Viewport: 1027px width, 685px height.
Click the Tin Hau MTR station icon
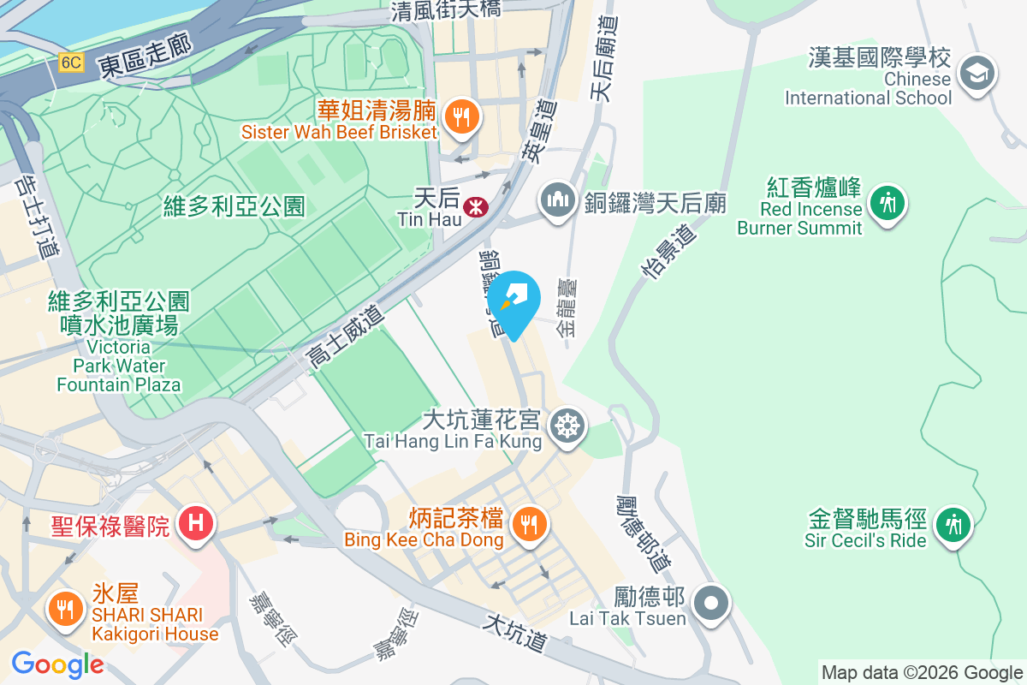coord(472,207)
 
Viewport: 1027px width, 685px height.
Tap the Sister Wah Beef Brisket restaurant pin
coord(462,118)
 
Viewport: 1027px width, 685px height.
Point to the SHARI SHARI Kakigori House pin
coord(64,610)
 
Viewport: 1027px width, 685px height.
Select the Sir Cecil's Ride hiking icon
coord(952,523)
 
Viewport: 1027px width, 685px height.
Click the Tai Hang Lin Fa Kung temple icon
coord(566,426)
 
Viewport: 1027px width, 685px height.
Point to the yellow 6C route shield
coord(71,63)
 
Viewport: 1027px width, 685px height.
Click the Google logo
coord(57,664)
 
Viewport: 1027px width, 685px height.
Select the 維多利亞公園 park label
coord(234,206)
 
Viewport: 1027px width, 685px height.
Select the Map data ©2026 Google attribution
coord(922,672)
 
